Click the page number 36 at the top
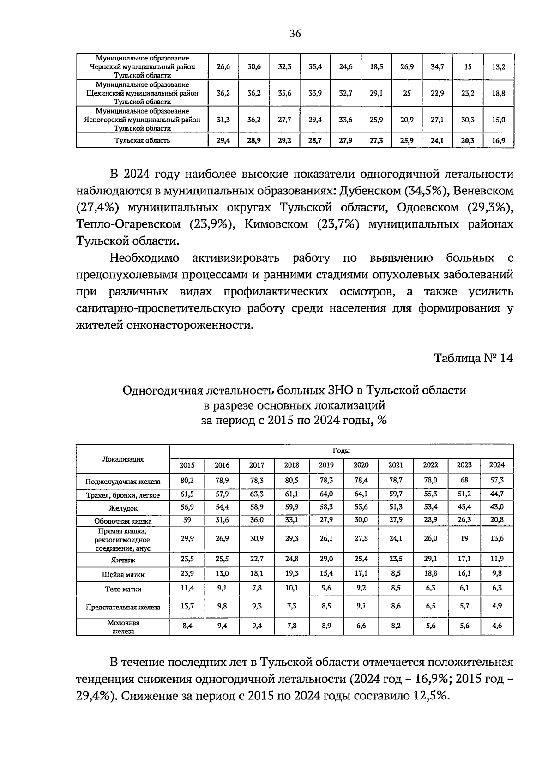(295, 33)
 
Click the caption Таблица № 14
(473, 358)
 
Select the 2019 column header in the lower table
(326, 465)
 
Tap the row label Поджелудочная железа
(123, 482)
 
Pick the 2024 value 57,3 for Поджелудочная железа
(497, 480)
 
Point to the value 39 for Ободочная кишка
(187, 519)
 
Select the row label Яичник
(123, 560)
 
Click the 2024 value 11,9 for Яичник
(497, 559)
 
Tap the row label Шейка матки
(123, 575)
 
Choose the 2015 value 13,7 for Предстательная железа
(187, 606)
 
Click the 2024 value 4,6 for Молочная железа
(497, 626)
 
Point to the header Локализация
(123, 459)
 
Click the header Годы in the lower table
(341, 451)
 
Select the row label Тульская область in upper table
(142, 140)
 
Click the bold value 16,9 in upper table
(498, 140)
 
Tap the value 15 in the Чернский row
(468, 67)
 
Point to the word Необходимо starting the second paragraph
(144, 258)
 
